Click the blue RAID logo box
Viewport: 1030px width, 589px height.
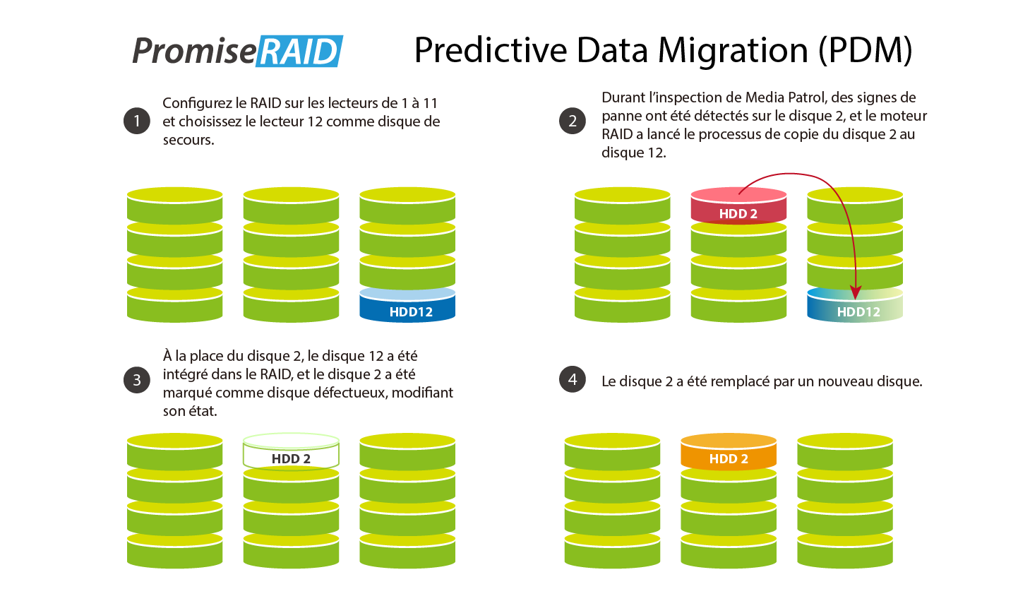299,51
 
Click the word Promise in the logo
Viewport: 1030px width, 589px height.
193,51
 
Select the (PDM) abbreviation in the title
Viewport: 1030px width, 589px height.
865,51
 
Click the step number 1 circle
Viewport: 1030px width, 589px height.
136,121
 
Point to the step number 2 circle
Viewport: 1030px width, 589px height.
573,121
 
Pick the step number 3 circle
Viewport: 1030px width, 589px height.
136,380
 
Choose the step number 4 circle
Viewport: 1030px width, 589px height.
573,379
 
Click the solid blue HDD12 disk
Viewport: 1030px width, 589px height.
407,305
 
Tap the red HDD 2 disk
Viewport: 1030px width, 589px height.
738,206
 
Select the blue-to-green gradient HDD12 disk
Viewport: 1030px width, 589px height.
855,305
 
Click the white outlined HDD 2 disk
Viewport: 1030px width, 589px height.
291,451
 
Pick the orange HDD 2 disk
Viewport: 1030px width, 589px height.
729,451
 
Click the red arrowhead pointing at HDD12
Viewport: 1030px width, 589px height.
855,292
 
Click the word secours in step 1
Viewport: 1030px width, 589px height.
188,140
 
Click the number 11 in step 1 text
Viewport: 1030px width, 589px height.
430,103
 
